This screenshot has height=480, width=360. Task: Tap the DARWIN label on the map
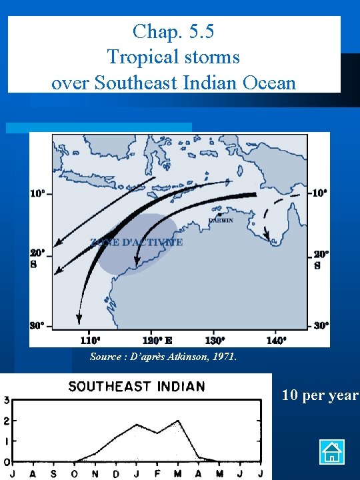pyautogui.click(x=221, y=221)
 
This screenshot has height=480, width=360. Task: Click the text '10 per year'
pyautogui.click(x=320, y=395)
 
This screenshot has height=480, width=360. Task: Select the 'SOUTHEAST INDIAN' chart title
pyautogui.click(x=137, y=387)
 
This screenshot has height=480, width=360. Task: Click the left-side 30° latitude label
pyautogui.click(x=37, y=325)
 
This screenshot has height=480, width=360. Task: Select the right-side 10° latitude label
pyautogui.click(x=321, y=193)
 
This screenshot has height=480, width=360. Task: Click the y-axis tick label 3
pyautogui.click(x=6, y=401)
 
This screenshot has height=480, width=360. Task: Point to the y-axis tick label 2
pyautogui.click(x=6, y=421)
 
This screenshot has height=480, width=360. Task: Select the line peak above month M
pyautogui.click(x=179, y=421)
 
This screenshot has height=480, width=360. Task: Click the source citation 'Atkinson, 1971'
pyautogui.click(x=204, y=357)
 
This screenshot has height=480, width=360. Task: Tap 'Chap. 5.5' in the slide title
pyautogui.click(x=173, y=31)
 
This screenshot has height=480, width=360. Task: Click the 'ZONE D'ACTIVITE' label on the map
pyautogui.click(x=136, y=243)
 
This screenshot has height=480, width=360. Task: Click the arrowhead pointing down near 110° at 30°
pyautogui.click(x=79, y=319)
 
